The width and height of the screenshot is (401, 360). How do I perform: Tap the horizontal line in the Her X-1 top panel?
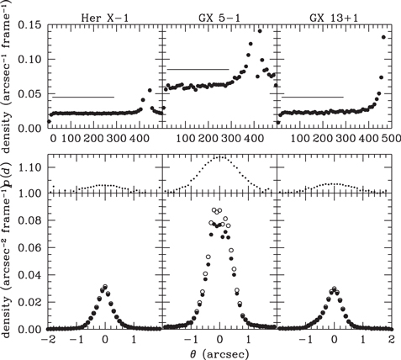83,97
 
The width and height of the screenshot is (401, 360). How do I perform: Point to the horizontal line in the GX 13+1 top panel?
312,97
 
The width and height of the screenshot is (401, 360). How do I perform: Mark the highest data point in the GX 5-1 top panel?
261,31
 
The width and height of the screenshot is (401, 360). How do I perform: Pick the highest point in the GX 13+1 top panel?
384,37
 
